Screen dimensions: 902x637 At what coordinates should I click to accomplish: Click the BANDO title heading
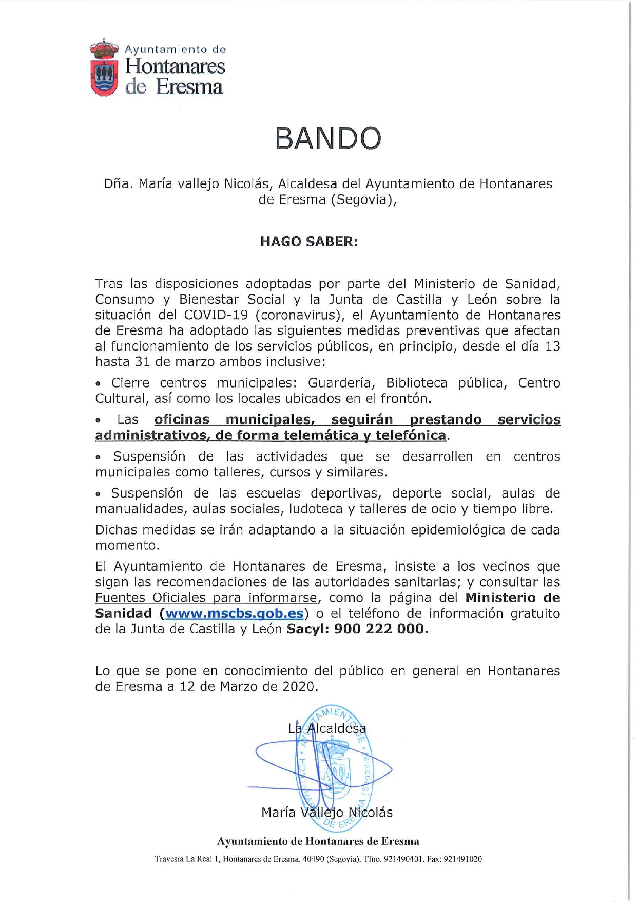point(328,139)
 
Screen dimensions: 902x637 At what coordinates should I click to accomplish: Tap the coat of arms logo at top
point(104,67)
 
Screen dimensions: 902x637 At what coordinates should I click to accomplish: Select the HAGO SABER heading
point(308,242)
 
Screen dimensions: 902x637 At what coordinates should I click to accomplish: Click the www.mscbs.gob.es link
point(235,613)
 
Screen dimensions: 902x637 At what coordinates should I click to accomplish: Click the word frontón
point(406,398)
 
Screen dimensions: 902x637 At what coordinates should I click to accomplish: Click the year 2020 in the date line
point(298,686)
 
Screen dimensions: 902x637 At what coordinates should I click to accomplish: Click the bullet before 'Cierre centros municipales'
point(99,383)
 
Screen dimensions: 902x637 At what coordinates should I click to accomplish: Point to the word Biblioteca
point(416,383)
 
